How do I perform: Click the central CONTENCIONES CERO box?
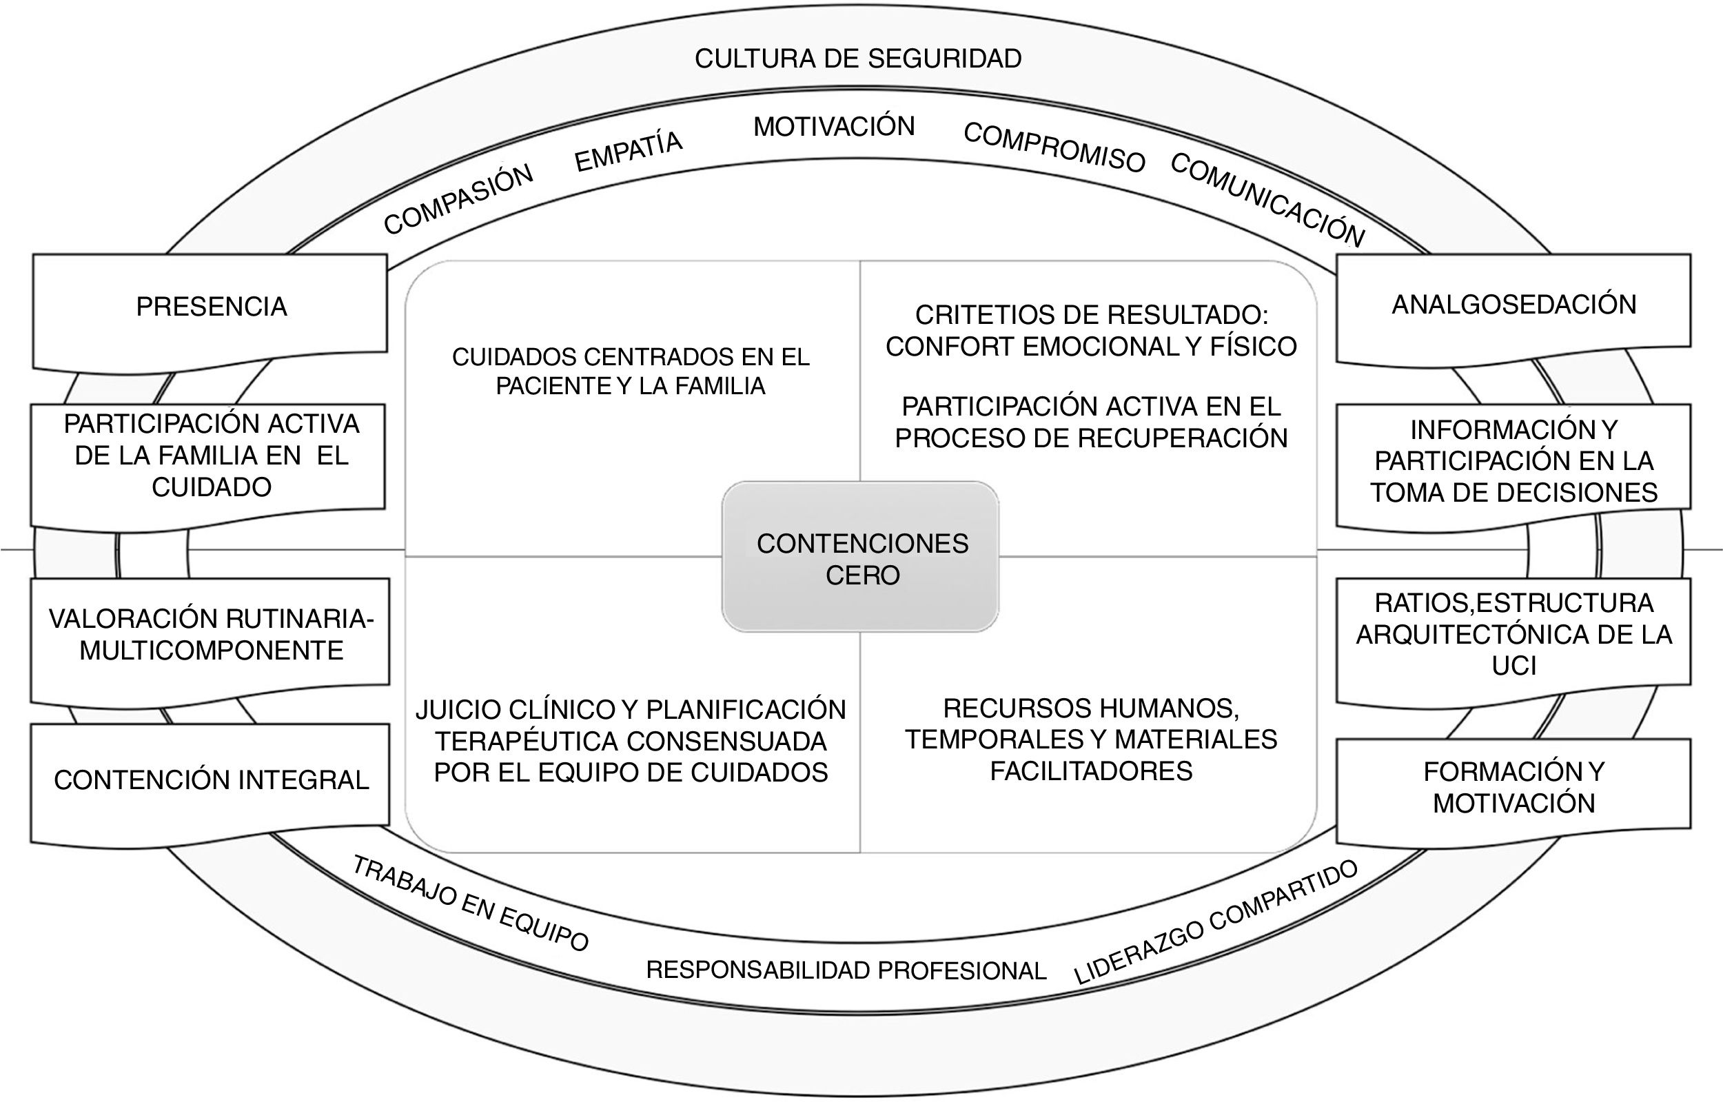point(861,558)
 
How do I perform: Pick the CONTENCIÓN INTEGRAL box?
point(211,780)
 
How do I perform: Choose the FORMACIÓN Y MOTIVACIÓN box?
point(1513,787)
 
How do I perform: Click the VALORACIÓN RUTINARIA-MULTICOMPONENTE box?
point(211,635)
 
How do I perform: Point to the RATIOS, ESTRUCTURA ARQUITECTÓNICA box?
point(1513,634)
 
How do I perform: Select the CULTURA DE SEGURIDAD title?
point(858,59)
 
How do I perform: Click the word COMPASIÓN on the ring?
point(458,200)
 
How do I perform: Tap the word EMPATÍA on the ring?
point(629,152)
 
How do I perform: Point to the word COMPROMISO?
point(1054,147)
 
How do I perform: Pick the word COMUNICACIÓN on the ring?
point(1267,200)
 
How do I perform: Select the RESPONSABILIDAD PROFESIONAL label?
point(846,971)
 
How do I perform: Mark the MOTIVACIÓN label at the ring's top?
point(834,127)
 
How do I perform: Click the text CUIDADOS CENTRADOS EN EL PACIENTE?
point(631,357)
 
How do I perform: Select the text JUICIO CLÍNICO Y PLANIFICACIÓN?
point(631,710)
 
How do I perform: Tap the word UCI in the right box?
point(1513,666)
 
